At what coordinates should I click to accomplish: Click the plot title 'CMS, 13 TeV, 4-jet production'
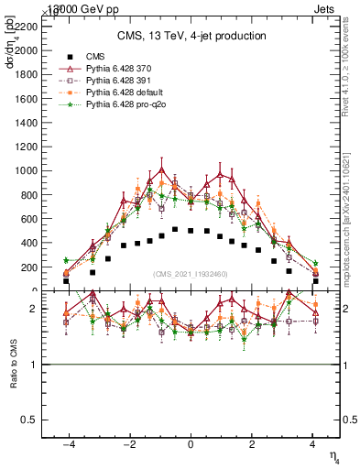pyautogui.click(x=191, y=36)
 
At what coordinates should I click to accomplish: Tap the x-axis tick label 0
pyautogui.click(x=191, y=444)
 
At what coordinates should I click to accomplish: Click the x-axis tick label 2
pyautogui.click(x=252, y=444)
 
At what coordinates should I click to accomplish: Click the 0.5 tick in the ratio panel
pyautogui.click(x=33, y=420)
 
